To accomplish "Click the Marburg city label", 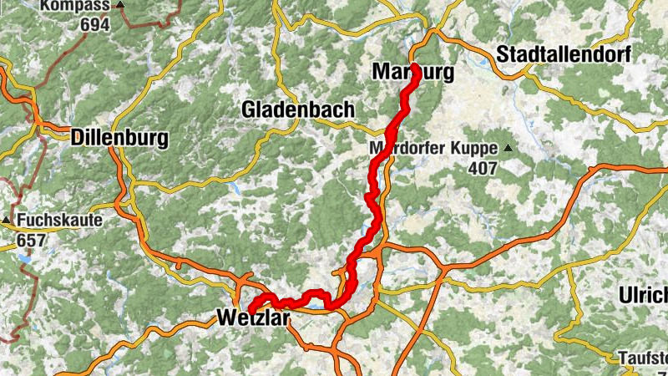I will coord(412,74).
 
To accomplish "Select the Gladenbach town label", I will coord(298,109).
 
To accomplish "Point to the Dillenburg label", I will coord(120,138).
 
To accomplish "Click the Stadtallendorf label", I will coord(564,54).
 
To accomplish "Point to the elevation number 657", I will coord(30,240).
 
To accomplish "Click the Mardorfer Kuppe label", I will coord(433,150).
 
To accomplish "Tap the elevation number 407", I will coord(482,168).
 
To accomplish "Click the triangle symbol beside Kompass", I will coord(120,5).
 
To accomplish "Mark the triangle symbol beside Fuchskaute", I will coord(7,221).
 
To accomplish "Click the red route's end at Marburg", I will coord(414,67).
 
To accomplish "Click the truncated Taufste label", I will coord(644,358).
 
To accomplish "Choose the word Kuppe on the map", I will coord(475,150).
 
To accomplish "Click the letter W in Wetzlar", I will coord(225,317).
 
